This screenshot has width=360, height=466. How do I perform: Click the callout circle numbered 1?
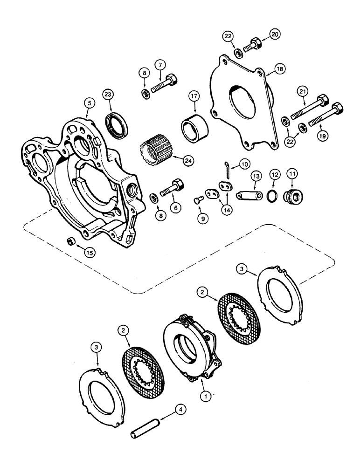(203, 396)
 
